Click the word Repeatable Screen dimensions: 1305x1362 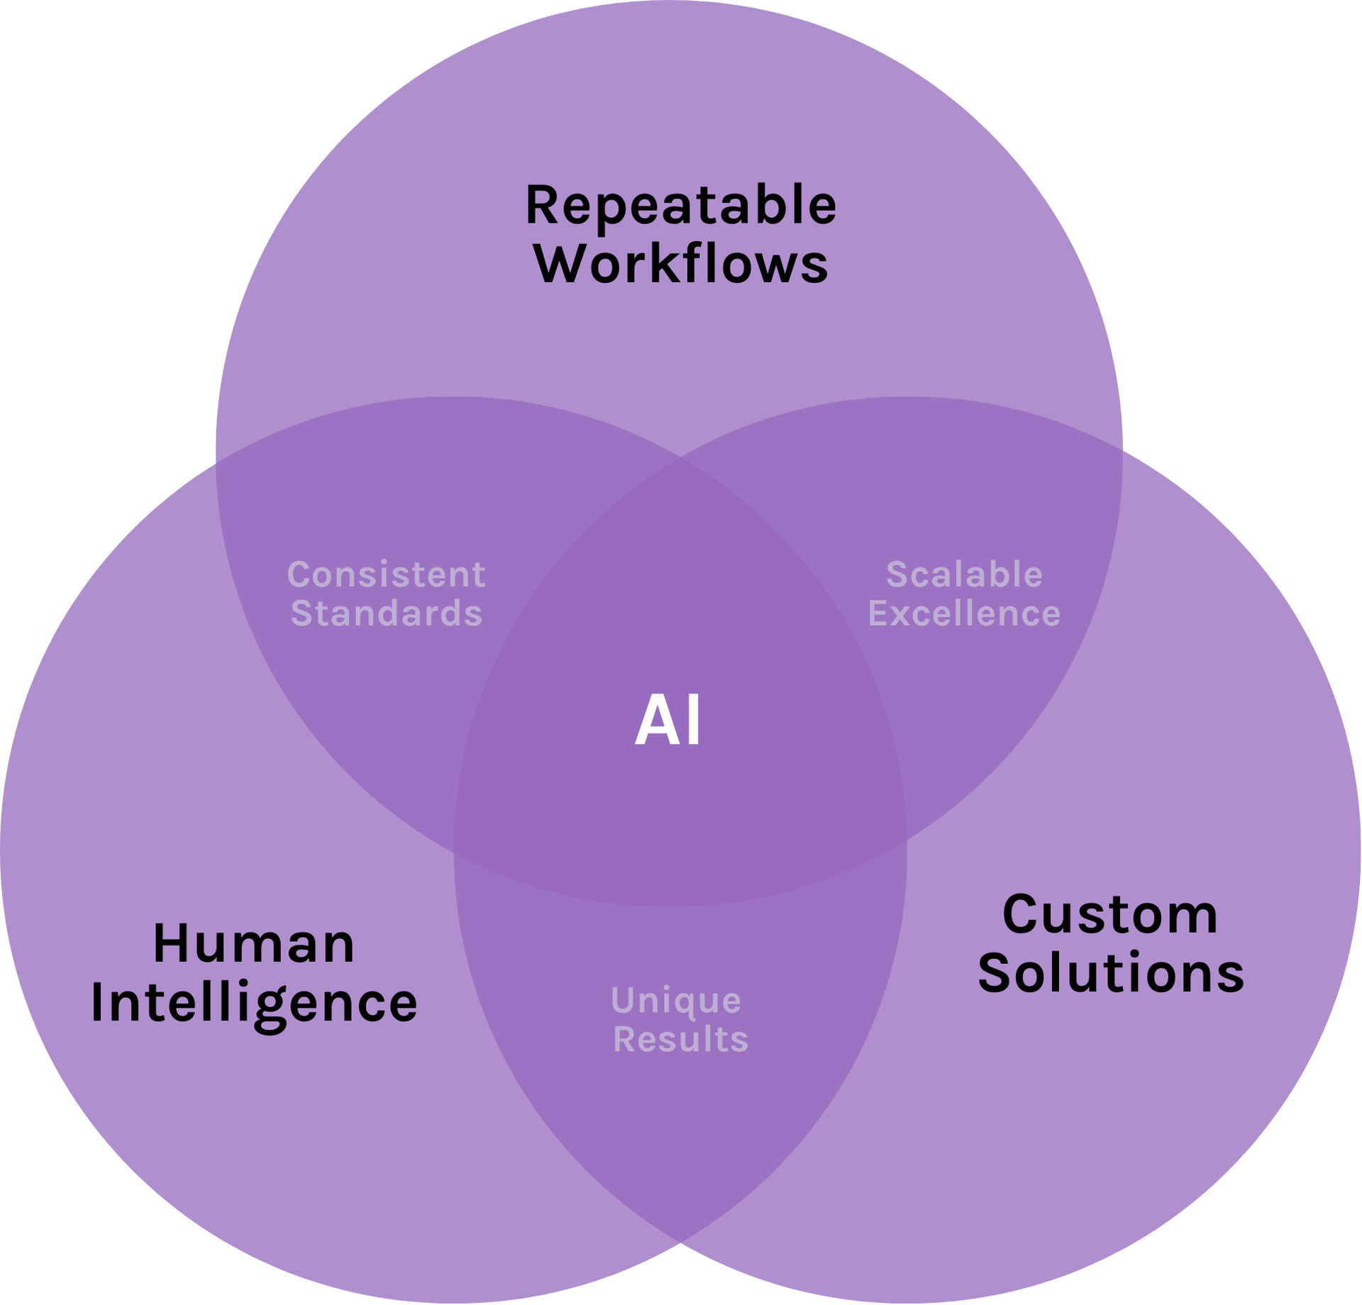[680, 206]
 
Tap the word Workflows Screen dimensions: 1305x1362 [680, 265]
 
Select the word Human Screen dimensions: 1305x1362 [254, 944]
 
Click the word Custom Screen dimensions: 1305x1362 [1110, 915]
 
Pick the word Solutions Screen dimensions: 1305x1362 [1111, 972]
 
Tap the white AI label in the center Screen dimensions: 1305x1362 [668, 721]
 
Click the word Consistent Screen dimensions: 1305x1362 [387, 574]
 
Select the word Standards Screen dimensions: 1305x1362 [387, 613]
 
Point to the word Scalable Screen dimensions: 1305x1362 [964, 574]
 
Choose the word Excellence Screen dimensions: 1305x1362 [964, 613]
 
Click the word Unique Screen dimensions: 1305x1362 [676, 1001]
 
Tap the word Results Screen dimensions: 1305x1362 [680, 1040]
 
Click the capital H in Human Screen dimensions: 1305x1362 [170, 944]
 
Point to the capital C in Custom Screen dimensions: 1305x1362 [1021, 915]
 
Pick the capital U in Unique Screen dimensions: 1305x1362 [623, 1001]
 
